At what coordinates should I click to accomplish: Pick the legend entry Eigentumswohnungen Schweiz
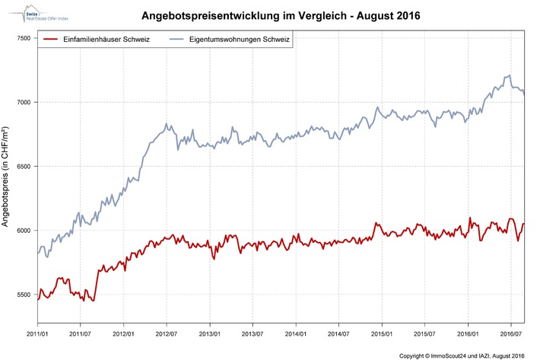point(243,39)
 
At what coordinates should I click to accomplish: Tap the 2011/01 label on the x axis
point(38,333)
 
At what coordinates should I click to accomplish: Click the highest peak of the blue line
point(509,75)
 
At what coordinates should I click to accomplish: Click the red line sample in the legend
point(52,39)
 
